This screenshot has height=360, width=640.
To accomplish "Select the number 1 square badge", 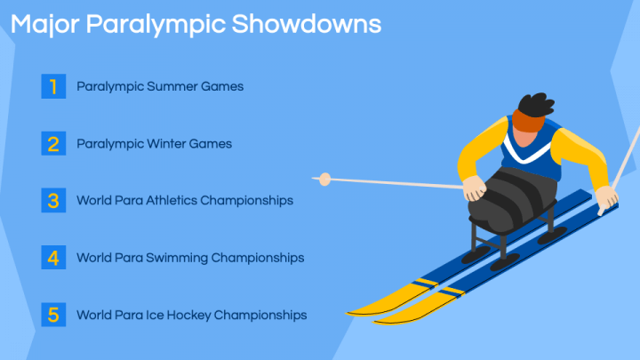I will tap(54, 86).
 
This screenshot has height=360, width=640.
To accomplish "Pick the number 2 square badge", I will tap(54, 143).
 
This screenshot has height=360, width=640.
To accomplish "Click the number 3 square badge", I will tap(54, 200).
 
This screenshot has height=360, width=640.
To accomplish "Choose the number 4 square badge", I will tap(54, 258).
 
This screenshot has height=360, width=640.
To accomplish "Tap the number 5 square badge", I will tap(54, 315).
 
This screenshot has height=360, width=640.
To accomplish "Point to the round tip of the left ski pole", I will tap(325, 179).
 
